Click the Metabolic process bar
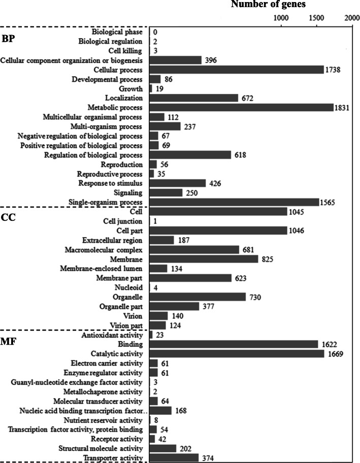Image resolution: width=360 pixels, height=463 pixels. [242, 107]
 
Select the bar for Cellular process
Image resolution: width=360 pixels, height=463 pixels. [237, 70]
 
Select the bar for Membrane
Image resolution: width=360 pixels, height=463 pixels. [205, 259]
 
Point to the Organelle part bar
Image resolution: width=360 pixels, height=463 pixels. [175, 306]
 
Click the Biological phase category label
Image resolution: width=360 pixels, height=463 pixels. [118, 31]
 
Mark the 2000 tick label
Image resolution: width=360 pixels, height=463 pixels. [352, 18]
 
